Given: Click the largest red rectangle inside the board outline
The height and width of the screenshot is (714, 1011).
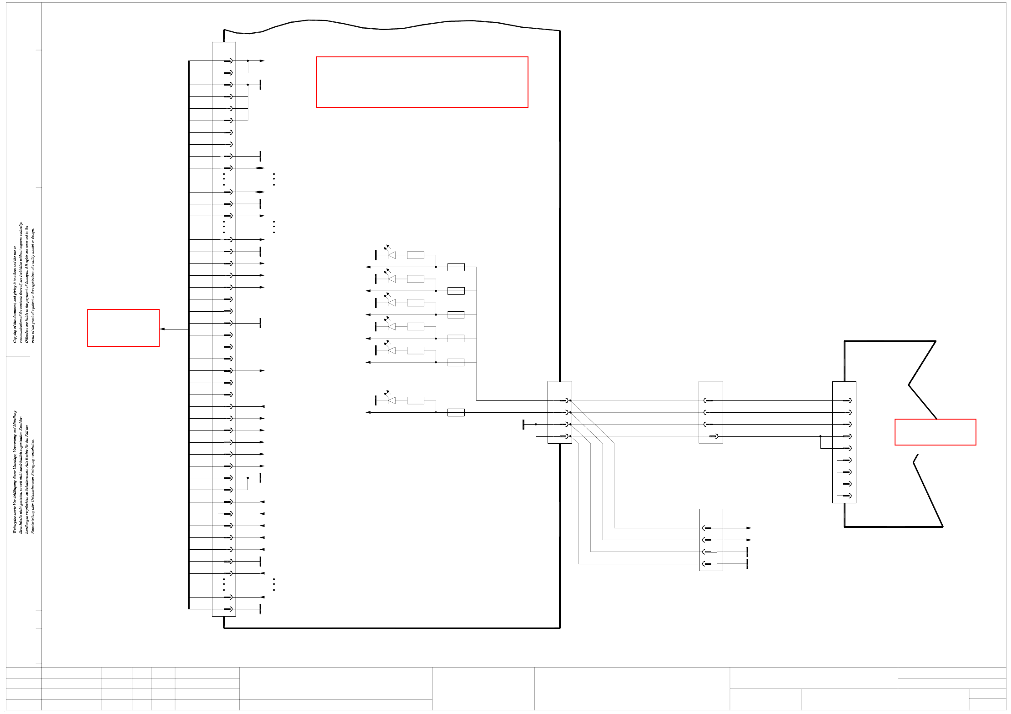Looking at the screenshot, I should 422,82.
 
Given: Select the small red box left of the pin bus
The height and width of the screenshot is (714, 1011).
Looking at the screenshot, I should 123,328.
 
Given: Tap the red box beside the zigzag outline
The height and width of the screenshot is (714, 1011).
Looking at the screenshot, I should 935,431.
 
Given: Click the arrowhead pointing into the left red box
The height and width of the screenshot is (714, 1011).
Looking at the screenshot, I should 162,329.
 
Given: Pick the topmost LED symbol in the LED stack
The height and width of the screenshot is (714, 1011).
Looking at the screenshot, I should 391,255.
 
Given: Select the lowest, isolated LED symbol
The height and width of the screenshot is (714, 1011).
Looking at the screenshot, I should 391,400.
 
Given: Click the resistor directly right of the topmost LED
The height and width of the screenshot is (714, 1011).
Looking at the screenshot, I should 415,255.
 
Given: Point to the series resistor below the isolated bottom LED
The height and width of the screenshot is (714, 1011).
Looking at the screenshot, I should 456,412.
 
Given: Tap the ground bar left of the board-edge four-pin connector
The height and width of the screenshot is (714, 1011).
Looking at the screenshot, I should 523,424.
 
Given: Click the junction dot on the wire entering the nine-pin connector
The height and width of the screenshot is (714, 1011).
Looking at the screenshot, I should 820,436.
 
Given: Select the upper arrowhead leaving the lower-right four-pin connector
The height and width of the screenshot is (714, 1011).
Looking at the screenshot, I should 749,528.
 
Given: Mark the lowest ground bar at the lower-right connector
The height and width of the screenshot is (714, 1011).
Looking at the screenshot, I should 747,564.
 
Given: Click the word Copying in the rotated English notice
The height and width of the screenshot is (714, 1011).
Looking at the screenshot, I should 15,335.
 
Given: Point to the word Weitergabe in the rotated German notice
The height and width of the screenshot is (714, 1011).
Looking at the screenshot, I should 15,523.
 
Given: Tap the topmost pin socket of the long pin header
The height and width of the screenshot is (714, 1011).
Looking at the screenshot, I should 228,61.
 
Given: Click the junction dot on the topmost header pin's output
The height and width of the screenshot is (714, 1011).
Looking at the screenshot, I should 248,61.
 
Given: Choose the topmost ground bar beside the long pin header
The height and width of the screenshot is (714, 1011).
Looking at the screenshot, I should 260,85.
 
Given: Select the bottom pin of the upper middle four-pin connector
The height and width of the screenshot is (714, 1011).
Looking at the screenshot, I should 714,436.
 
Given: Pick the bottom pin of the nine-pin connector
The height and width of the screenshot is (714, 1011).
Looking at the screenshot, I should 846,496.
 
